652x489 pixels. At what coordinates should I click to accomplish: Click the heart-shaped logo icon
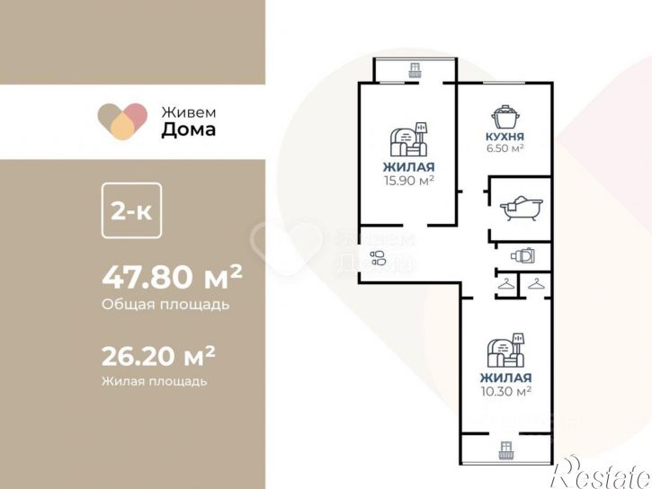(122, 121)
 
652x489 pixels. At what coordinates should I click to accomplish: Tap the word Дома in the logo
(188, 129)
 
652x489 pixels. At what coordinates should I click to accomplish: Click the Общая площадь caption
(165, 304)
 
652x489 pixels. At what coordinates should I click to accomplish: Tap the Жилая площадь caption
(154, 381)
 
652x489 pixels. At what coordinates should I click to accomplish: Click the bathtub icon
(519, 208)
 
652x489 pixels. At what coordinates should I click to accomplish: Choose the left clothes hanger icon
(506, 285)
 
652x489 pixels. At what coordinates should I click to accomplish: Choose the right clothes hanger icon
(537, 285)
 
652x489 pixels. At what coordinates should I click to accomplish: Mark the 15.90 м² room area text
(408, 180)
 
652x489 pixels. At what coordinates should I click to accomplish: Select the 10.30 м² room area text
(505, 391)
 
